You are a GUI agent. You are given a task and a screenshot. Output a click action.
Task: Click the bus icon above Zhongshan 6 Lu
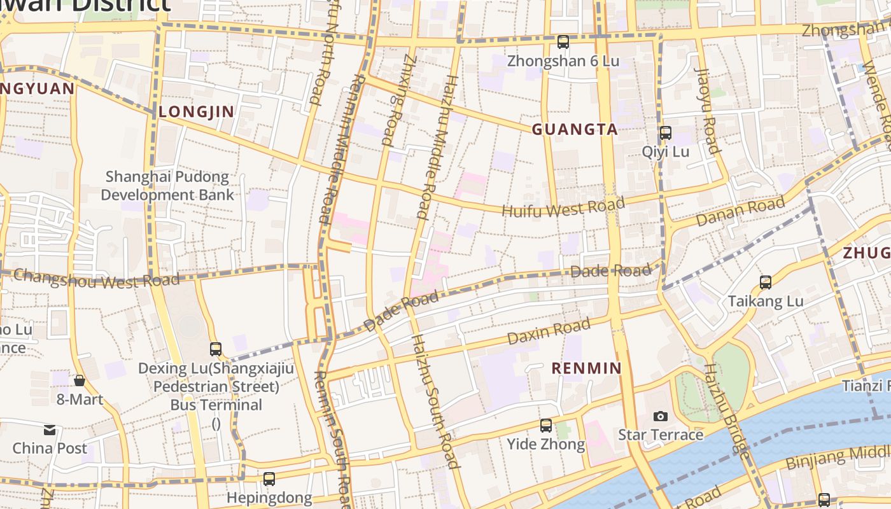(x=563, y=42)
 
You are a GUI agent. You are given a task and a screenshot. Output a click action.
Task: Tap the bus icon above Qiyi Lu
(x=665, y=133)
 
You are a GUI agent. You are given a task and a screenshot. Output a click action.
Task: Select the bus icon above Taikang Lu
(x=766, y=282)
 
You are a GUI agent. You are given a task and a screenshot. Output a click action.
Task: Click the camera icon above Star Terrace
(x=661, y=416)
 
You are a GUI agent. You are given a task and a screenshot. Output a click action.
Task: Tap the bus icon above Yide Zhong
(x=546, y=426)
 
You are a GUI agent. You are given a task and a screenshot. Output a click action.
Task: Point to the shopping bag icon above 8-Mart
(x=80, y=380)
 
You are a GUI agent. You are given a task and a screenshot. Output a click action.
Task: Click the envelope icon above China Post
(x=50, y=429)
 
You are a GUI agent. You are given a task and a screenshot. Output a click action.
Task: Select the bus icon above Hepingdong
(x=269, y=479)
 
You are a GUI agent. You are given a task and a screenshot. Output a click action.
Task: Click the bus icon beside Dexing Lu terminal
(x=216, y=349)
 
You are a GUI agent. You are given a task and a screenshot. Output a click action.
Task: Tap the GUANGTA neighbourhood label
(x=575, y=130)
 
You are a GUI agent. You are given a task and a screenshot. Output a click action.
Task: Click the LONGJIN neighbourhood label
(x=197, y=112)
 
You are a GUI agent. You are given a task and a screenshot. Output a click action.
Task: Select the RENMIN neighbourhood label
(x=586, y=368)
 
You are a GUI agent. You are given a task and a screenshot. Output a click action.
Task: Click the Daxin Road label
(x=549, y=331)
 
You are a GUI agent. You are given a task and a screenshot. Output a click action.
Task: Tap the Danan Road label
(x=740, y=212)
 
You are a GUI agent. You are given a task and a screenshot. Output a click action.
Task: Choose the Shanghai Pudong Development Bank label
(x=167, y=186)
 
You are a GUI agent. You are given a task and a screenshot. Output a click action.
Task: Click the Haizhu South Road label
(x=435, y=401)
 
